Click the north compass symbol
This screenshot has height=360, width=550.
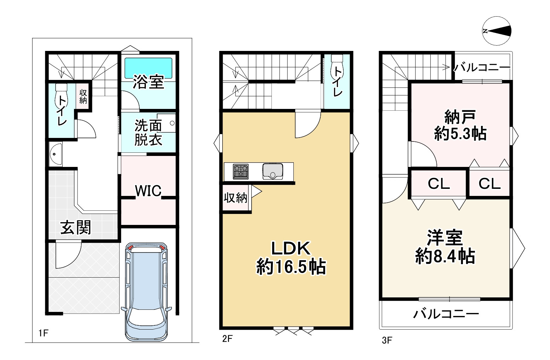497,31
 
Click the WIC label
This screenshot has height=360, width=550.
148,191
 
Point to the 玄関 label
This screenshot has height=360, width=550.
76,227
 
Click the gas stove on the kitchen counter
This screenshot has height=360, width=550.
241,172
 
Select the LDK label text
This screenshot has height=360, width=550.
291,249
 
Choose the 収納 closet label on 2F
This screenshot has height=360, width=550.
235,198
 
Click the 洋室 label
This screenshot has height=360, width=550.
445,238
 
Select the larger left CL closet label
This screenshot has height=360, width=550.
439,184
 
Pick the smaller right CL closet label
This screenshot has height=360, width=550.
489,184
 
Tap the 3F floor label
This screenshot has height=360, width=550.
386,340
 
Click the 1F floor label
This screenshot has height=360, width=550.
43,333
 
